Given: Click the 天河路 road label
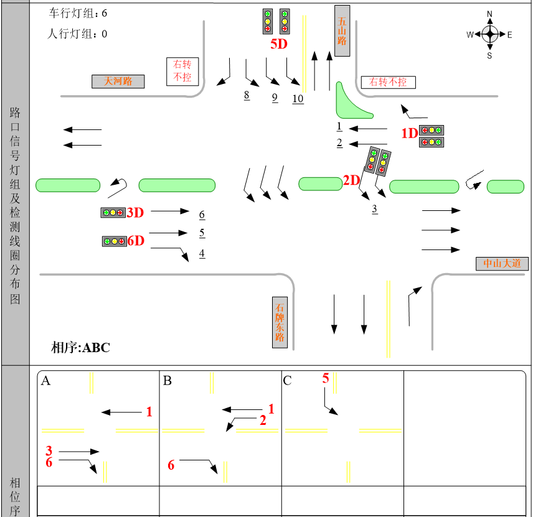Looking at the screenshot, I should pyautogui.click(x=118, y=82).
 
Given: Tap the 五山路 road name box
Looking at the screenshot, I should pyautogui.click(x=342, y=31).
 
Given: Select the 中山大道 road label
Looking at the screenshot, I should pyautogui.click(x=502, y=264).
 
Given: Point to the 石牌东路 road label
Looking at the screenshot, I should pyautogui.click(x=280, y=322).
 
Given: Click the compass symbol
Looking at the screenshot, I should pyautogui.click(x=490, y=34).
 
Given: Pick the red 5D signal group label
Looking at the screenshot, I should pyautogui.click(x=279, y=44).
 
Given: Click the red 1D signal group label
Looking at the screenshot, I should pyautogui.click(x=409, y=133).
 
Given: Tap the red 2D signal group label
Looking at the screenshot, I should pyautogui.click(x=351, y=180).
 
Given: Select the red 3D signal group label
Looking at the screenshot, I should pyautogui.click(x=135, y=213).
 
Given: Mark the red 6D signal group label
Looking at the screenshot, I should pyautogui.click(x=136, y=241).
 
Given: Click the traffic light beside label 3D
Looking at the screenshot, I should pyautogui.click(x=113, y=213).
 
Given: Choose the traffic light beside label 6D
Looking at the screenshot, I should pyautogui.click(x=115, y=241).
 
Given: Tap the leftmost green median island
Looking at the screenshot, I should pyautogui.click(x=68, y=185).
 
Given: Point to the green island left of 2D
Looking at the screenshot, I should pyautogui.click(x=320, y=184).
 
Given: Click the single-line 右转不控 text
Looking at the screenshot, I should pyautogui.click(x=387, y=82).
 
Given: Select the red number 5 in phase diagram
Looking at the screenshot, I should pyautogui.click(x=326, y=378).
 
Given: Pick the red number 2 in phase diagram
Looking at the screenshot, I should pyautogui.click(x=263, y=421).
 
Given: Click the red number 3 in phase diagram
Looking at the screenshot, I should pyautogui.click(x=49, y=450).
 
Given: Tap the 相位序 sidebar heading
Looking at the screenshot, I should pyautogui.click(x=16, y=496).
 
